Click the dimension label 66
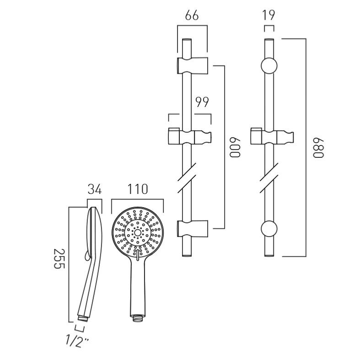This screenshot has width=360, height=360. coord(192,16)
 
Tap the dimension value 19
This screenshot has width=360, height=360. coord(269,15)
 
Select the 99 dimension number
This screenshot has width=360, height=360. coord(202,102)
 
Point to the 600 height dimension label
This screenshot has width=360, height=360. coord(235,147)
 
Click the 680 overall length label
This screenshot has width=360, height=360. coord(318,148)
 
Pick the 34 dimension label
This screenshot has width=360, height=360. coord(94,189)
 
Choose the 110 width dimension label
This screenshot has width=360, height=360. coord(138,189)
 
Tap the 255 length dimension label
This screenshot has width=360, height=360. coord(59,258)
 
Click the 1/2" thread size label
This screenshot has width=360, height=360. coord(77,341)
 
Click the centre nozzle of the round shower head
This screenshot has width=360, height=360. coord(138,232)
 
